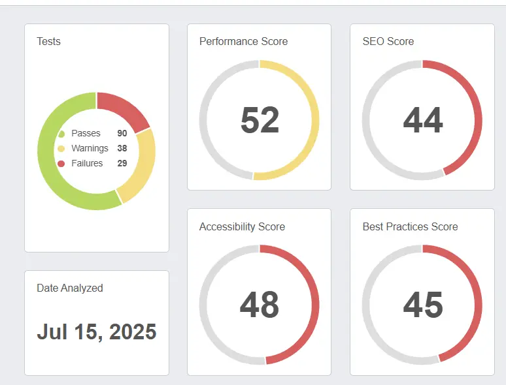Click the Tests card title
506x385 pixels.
click(48, 41)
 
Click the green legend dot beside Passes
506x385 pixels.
click(61, 134)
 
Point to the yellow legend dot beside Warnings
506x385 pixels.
click(61, 149)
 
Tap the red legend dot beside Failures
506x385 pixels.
click(61, 163)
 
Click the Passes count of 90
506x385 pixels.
click(122, 133)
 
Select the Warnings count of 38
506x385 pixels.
click(122, 148)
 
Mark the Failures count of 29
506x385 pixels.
click(122, 163)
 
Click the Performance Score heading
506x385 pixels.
click(243, 41)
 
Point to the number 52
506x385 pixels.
click(260, 120)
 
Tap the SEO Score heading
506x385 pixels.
click(388, 41)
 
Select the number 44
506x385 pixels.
click(423, 120)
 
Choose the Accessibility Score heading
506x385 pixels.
click(242, 226)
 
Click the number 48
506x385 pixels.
click(260, 305)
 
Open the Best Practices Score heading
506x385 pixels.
click(410, 226)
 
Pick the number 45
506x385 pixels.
click(423, 305)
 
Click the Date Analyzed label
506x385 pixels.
click(70, 288)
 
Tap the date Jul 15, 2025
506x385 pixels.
click(97, 331)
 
